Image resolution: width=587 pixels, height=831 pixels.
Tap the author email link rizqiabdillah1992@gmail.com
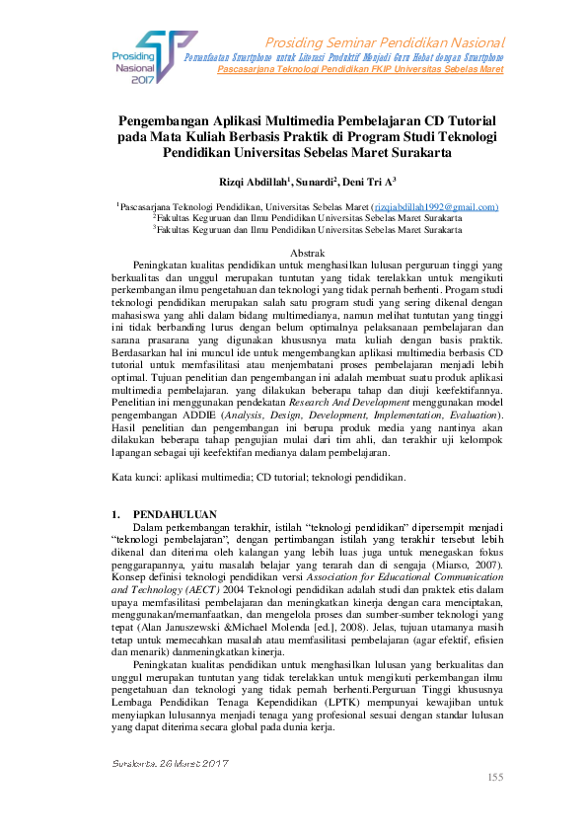click(433, 206)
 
